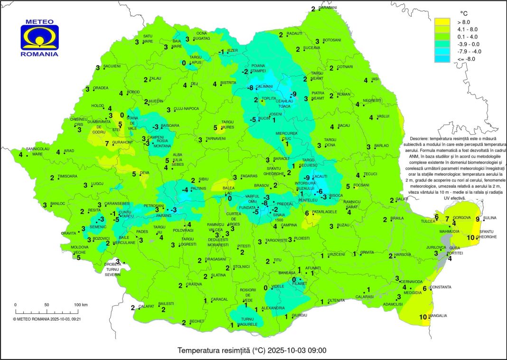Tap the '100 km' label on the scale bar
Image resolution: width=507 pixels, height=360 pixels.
coord(80,304)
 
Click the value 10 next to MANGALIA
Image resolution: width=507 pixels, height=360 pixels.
coord(422,317)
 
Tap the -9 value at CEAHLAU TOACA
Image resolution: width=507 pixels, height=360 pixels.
coord(293,94)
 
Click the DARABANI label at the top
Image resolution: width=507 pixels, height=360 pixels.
coord(328,8)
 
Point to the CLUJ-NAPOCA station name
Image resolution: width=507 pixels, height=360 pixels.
coord(186,109)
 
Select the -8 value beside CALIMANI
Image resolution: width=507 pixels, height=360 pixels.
coord(251,88)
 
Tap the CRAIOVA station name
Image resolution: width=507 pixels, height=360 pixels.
coord(194,284)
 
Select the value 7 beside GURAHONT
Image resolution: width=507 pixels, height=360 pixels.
coord(107,143)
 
